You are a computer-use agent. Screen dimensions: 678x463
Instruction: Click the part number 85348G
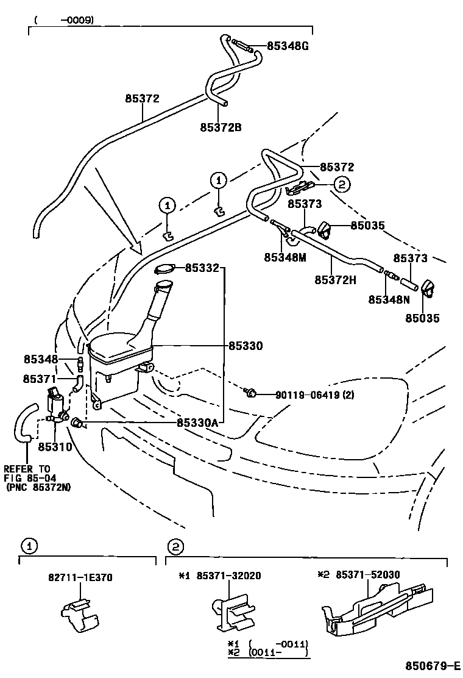click(288, 46)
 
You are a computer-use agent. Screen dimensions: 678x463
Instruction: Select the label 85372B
click(221, 127)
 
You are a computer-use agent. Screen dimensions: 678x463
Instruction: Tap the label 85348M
click(285, 258)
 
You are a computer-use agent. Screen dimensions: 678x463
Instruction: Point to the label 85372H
click(336, 280)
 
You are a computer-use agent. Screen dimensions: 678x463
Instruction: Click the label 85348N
click(389, 299)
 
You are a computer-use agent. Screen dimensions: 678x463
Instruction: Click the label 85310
click(55, 446)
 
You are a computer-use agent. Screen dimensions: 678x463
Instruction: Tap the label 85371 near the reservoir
click(40, 379)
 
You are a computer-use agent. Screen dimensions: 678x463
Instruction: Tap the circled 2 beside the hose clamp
click(341, 184)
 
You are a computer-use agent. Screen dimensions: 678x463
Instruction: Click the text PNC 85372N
click(37, 488)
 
